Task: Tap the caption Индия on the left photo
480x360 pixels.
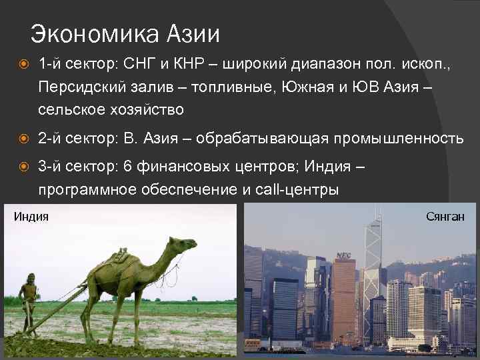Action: [x=31, y=216]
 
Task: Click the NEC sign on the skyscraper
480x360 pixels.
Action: [x=344, y=255]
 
